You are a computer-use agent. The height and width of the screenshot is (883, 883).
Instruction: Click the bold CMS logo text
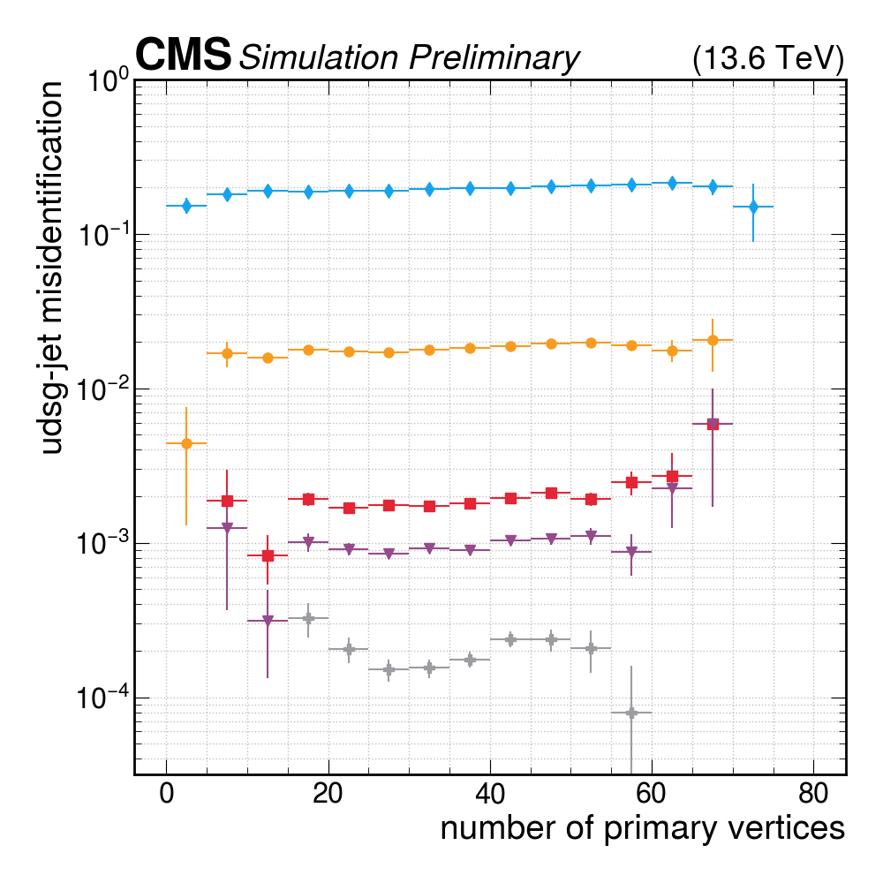point(183,56)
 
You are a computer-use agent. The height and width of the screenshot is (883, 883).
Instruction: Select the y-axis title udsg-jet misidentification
point(53,268)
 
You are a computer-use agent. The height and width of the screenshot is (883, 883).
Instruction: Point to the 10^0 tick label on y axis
point(108,84)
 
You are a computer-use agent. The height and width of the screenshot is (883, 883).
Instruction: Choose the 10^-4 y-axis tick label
point(104,700)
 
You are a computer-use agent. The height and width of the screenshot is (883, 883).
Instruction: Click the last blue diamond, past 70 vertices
point(753,207)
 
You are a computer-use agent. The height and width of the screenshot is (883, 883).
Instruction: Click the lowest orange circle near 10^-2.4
point(186,443)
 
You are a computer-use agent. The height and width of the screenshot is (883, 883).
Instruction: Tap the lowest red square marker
point(268,555)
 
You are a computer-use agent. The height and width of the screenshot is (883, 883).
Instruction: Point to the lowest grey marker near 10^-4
point(631,713)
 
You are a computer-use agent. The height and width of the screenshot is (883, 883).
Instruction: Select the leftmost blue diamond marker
point(186,206)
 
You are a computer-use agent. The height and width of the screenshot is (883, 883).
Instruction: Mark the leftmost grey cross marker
point(308,618)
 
